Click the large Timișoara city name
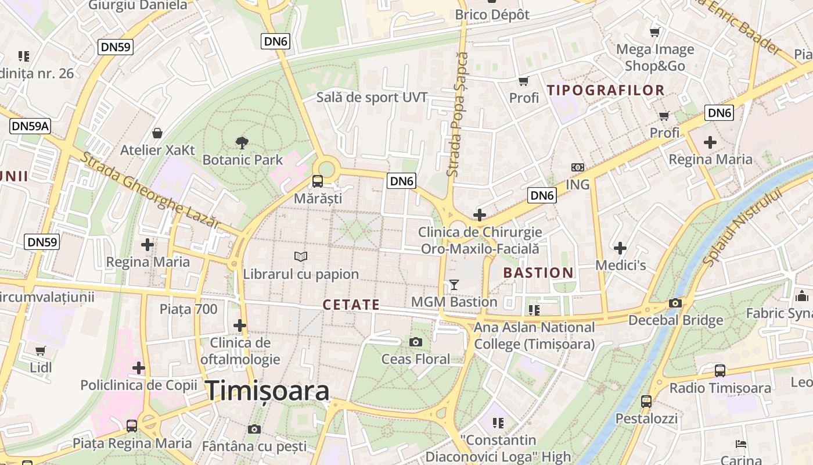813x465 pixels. pyautogui.click(x=268, y=391)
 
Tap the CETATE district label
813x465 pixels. pyautogui.click(x=351, y=305)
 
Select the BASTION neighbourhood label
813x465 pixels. pyautogui.click(x=538, y=273)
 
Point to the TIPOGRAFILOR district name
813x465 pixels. pyautogui.click(x=606, y=90)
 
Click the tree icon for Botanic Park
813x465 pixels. pyautogui.click(x=242, y=142)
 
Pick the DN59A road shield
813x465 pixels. pyautogui.click(x=30, y=126)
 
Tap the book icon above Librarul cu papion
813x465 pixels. pyautogui.click(x=301, y=256)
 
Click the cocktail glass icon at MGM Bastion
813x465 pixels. pyautogui.click(x=454, y=285)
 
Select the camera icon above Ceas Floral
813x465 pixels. pyautogui.click(x=416, y=342)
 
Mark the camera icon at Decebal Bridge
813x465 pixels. pyautogui.click(x=675, y=303)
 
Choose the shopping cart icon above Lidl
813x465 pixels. pyautogui.click(x=40, y=350)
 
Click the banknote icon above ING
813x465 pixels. pyautogui.click(x=577, y=167)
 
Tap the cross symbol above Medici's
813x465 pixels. pyautogui.click(x=620, y=248)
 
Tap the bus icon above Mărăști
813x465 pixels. pyautogui.click(x=318, y=181)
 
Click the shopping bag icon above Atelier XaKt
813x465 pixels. pyautogui.click(x=157, y=133)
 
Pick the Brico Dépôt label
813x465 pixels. pyautogui.click(x=492, y=15)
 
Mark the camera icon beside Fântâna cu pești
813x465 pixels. pyautogui.click(x=254, y=429)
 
